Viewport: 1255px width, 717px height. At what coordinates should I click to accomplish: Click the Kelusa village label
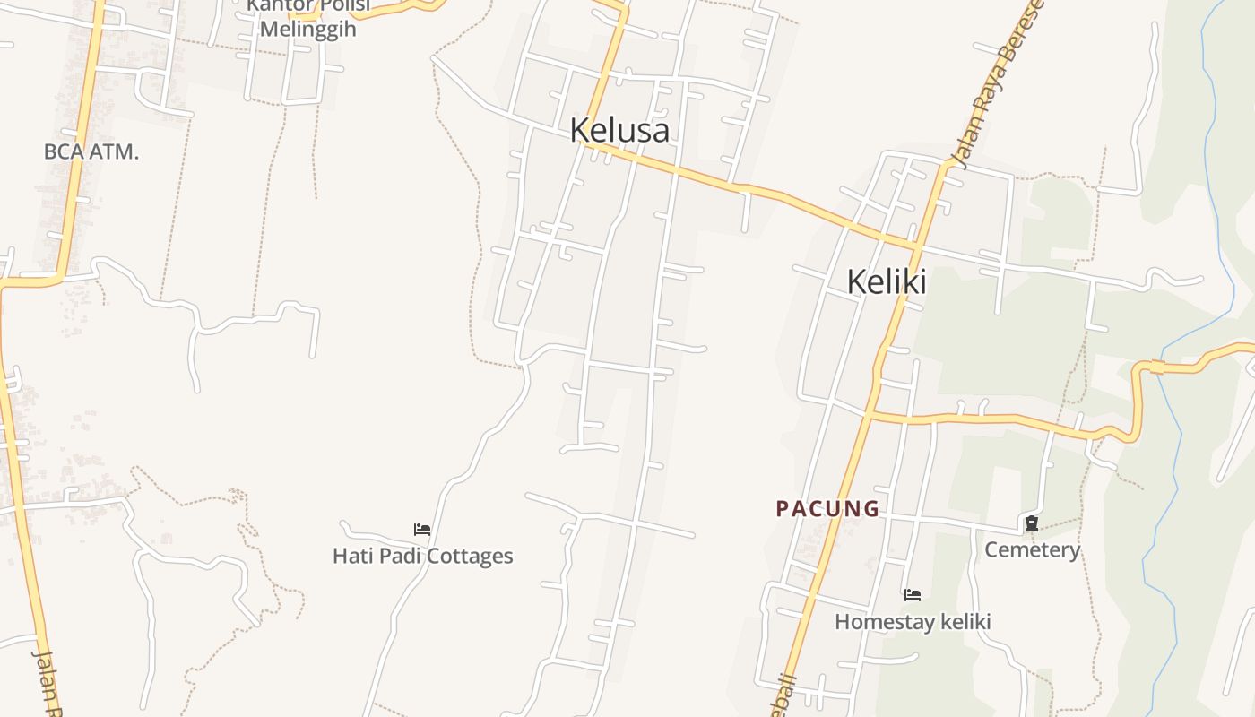tap(619, 130)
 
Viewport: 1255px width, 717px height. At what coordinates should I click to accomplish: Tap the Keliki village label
tap(887, 281)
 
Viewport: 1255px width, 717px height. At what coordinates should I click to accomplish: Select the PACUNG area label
tap(827, 509)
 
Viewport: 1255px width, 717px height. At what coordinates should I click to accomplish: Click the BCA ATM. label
tap(91, 151)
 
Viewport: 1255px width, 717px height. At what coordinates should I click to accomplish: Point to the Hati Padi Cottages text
tap(422, 556)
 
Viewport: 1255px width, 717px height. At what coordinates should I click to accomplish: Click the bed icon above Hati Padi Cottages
tap(422, 530)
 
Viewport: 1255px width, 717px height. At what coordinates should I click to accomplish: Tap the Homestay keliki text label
tap(913, 621)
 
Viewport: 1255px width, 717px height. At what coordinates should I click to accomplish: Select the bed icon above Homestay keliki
tap(913, 594)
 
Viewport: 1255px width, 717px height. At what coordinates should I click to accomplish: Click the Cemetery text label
tap(1032, 549)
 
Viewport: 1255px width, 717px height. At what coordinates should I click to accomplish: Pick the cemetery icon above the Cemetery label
tap(1032, 523)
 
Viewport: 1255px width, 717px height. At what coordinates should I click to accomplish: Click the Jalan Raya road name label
tap(998, 85)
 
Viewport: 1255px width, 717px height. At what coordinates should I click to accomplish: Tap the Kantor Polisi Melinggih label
tap(307, 18)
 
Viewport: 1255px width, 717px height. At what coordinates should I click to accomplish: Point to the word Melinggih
tap(307, 29)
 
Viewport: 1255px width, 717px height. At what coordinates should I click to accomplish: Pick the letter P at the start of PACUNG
tap(782, 509)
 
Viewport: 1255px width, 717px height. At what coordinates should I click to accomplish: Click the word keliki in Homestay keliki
tap(963, 621)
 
